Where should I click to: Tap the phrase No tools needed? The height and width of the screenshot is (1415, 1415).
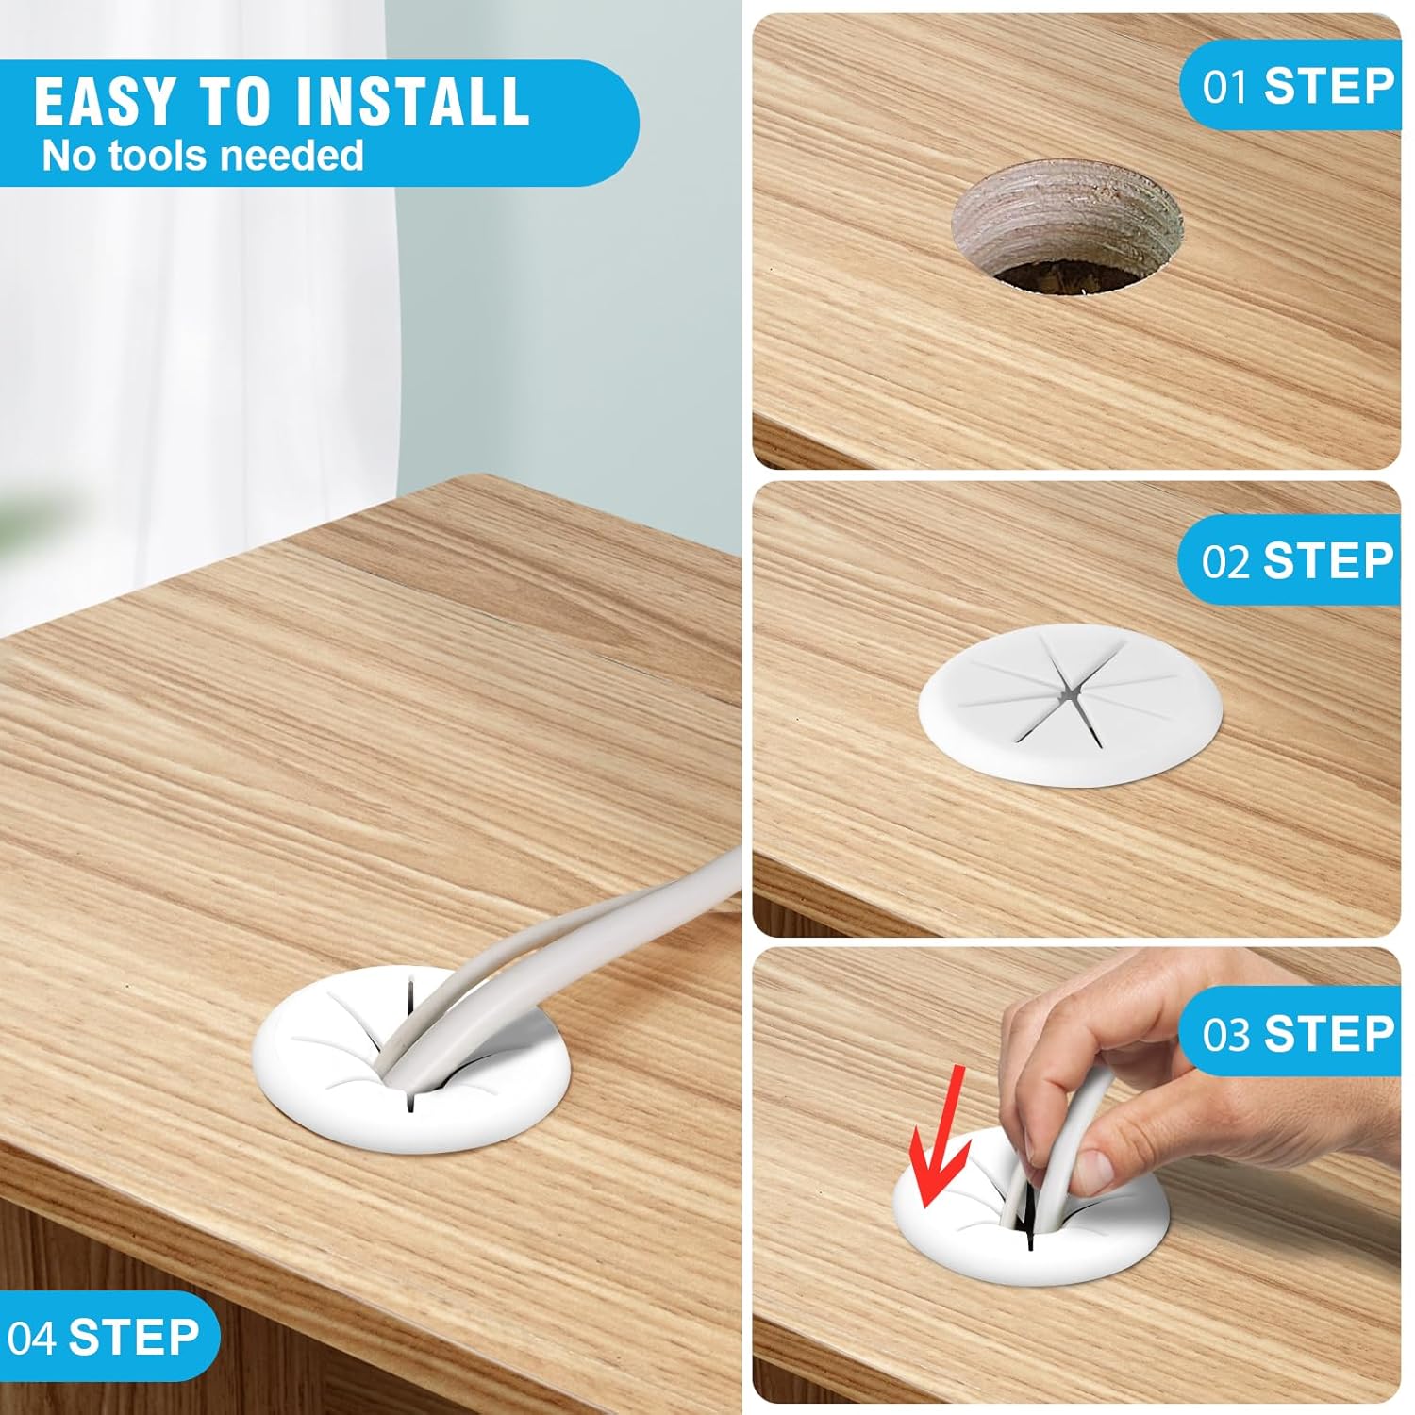pos(203,155)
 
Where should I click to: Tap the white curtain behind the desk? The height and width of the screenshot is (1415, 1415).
pos(189,377)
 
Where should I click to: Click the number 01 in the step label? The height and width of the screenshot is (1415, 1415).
pos(1224,87)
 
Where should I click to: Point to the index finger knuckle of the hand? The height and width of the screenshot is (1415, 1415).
pos(1038,1014)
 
